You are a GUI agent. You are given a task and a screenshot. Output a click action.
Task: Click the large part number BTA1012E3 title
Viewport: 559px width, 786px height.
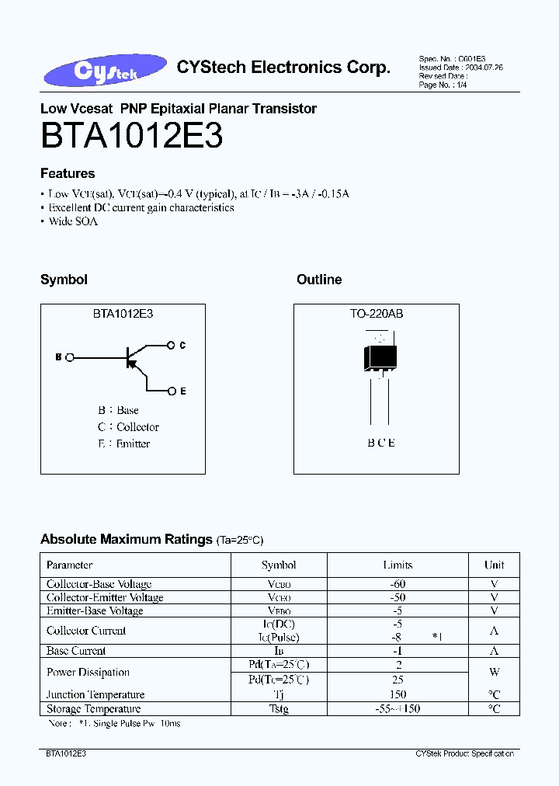pos(132,137)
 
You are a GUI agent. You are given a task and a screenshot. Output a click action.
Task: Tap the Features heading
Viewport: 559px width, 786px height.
pos(68,173)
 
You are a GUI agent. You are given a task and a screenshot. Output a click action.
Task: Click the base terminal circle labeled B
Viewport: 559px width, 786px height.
pos(71,357)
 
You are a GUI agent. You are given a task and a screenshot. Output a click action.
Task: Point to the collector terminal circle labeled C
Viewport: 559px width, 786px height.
pos(171,345)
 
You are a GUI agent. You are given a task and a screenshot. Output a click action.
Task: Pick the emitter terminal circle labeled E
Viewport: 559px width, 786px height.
pos(171,391)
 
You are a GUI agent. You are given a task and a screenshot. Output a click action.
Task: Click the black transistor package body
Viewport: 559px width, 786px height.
pos(380,356)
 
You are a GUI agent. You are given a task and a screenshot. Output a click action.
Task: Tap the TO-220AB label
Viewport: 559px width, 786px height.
pos(377,315)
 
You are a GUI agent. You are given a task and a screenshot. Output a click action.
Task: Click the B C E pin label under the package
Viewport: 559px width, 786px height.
pos(381,443)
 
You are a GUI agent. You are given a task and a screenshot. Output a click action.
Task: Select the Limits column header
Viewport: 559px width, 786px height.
pos(398,565)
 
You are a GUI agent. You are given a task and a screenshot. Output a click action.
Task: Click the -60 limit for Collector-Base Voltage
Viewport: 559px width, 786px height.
pos(398,584)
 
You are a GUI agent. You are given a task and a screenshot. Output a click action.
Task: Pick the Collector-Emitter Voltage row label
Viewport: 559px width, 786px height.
pos(105,597)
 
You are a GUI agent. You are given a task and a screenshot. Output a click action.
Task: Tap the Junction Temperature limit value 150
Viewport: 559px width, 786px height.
pos(398,695)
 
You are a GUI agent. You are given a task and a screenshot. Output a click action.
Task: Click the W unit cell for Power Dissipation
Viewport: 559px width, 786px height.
pos(494,673)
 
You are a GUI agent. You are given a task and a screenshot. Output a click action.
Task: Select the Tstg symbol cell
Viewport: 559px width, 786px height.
pos(279,709)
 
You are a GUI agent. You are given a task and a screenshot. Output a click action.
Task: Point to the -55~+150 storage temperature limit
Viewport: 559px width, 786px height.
pos(398,709)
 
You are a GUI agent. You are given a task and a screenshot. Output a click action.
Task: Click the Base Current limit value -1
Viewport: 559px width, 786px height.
pos(398,651)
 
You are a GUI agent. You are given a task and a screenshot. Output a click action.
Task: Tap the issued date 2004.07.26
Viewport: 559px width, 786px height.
pos(483,68)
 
